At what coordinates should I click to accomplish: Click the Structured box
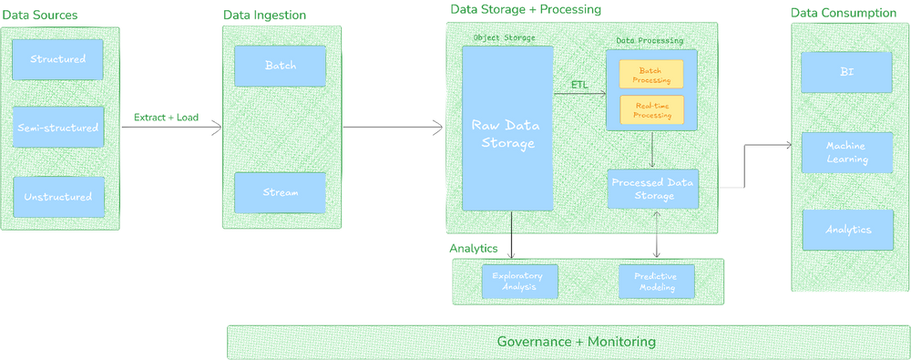[x=57, y=59]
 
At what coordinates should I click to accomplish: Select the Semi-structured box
[x=57, y=128]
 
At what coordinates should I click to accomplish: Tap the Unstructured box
[x=57, y=196]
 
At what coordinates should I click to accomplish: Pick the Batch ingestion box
[x=280, y=66]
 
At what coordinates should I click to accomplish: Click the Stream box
[x=280, y=192]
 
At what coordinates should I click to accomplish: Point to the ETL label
[x=579, y=85]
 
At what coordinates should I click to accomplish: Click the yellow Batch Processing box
[x=651, y=75]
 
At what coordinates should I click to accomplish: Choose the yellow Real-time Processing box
[x=651, y=110]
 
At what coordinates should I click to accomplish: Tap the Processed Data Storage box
[x=651, y=188]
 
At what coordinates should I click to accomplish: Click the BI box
[x=846, y=72]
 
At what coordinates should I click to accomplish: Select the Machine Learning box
[x=846, y=152]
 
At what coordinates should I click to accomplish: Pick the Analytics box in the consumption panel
[x=846, y=230]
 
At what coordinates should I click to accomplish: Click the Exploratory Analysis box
[x=518, y=281]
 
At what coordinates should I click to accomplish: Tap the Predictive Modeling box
[x=656, y=281]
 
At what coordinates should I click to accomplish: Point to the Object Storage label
[x=504, y=37]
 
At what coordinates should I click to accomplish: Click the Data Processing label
[x=650, y=41]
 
